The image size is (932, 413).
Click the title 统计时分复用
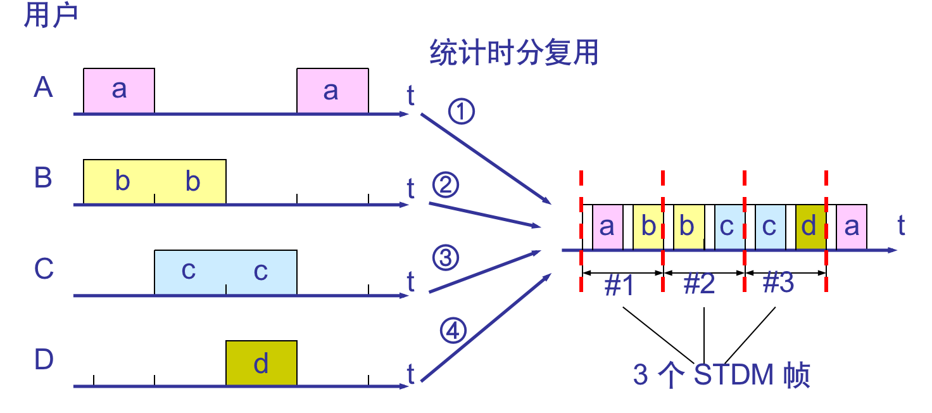click(514, 53)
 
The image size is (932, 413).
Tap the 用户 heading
click(51, 15)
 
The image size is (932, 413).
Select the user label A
click(43, 87)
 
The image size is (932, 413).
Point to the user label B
click(43, 178)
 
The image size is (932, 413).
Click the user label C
click(44, 269)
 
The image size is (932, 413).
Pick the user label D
click(44, 360)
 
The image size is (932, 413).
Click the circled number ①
click(462, 113)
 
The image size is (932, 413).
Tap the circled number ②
click(445, 186)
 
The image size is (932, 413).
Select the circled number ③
click(445, 258)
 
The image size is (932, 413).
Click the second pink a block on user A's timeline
click(332, 91)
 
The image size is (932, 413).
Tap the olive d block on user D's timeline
click(261, 363)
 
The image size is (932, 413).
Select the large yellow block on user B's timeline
click(154, 182)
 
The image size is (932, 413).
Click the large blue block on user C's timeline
click(225, 272)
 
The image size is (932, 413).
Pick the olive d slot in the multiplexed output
click(810, 227)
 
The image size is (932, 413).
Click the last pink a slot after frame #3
click(851, 227)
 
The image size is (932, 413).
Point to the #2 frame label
click(700, 286)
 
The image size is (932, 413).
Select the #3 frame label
click(778, 284)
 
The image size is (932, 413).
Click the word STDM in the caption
click(734, 375)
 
